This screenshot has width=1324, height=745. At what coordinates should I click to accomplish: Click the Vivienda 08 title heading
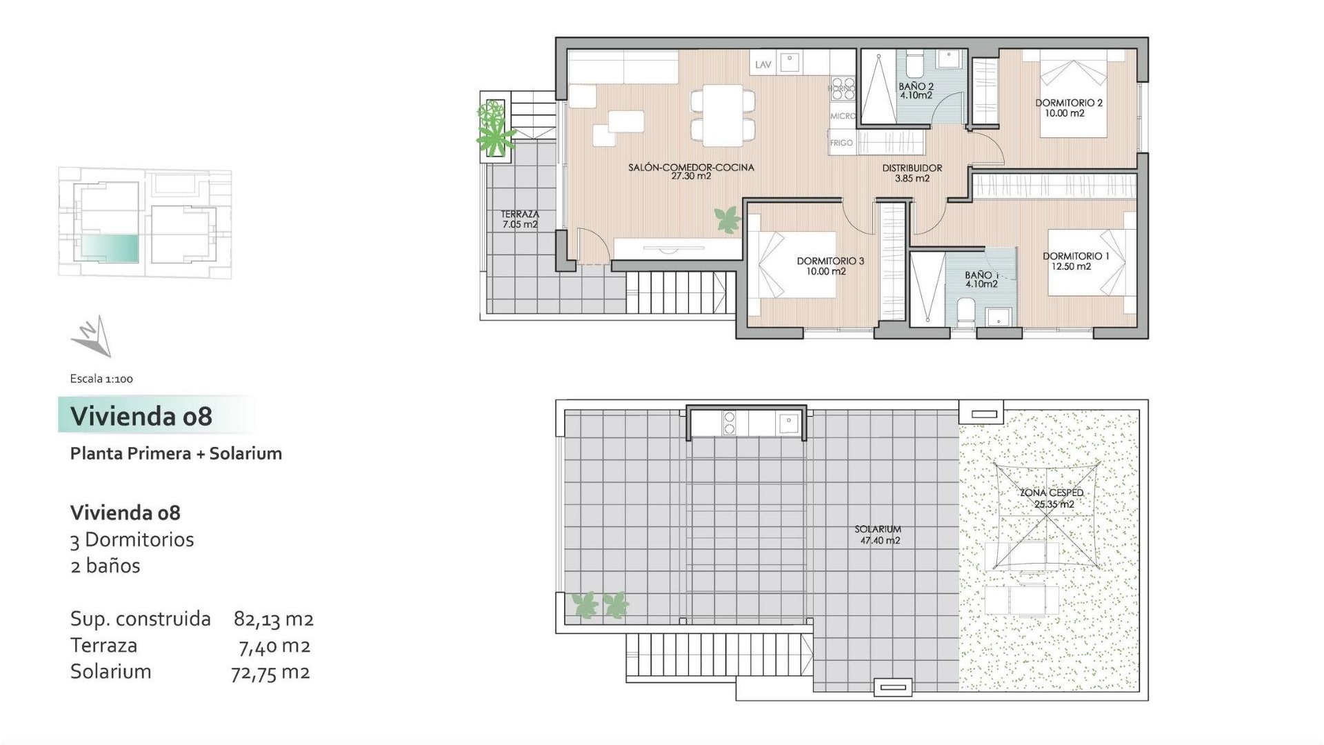coord(141,416)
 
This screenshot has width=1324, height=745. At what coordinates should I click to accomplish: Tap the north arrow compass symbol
coord(92,337)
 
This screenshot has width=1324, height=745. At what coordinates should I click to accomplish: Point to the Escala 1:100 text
coord(101,379)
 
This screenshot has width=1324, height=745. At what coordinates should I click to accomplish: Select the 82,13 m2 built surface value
coord(273,619)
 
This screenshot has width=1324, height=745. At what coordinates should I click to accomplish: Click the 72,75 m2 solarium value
coord(270,672)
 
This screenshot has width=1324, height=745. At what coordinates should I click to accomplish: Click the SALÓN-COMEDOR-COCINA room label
coord(691,168)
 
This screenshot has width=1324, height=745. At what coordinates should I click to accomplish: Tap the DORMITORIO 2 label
coord(1068,103)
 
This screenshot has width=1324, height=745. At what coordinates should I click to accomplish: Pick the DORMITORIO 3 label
coord(830,261)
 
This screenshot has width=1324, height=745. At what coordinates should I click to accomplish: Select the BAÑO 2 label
coord(916,88)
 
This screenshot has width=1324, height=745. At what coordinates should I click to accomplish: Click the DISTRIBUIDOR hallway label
coord(912,168)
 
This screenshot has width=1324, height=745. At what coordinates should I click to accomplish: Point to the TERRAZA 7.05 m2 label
coord(519,219)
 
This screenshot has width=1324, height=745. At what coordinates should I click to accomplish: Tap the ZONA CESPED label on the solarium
coord(1052,493)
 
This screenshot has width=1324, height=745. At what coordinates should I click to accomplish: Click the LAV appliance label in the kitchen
coord(763,65)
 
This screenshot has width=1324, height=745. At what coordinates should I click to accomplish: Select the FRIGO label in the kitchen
coord(841,143)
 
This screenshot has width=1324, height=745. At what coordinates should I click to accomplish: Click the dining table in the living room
coord(722,115)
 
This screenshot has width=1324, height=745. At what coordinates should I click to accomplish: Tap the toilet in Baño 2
coord(914,67)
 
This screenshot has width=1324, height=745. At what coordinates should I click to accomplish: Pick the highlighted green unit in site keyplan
coord(110,248)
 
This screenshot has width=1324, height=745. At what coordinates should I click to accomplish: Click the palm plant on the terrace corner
coord(496,131)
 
